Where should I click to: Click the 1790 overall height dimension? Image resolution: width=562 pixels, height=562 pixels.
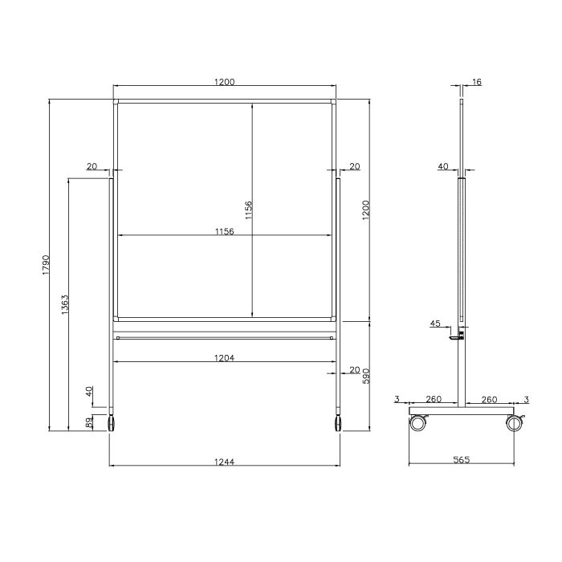click(46, 264)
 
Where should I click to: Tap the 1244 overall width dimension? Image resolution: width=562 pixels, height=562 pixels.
click(224, 461)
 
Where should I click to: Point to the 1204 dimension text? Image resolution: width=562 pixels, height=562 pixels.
click(224, 358)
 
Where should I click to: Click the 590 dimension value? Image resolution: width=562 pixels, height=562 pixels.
click(366, 376)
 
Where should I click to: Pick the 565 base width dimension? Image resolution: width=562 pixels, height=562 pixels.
click(461, 460)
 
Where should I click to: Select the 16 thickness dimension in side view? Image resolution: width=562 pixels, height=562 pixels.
click(477, 83)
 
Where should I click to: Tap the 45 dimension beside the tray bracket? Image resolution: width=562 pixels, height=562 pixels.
click(435, 324)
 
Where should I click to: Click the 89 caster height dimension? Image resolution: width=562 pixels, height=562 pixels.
click(89, 422)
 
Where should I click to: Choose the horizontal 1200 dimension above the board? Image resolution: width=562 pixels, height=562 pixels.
click(224, 81)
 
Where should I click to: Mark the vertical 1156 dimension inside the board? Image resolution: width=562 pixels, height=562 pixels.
click(249, 210)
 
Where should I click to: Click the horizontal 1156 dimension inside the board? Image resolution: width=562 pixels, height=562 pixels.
click(224, 231)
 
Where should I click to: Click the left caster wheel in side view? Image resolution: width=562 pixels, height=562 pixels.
click(417, 423)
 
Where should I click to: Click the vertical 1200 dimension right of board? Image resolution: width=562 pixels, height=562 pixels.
click(366, 210)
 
